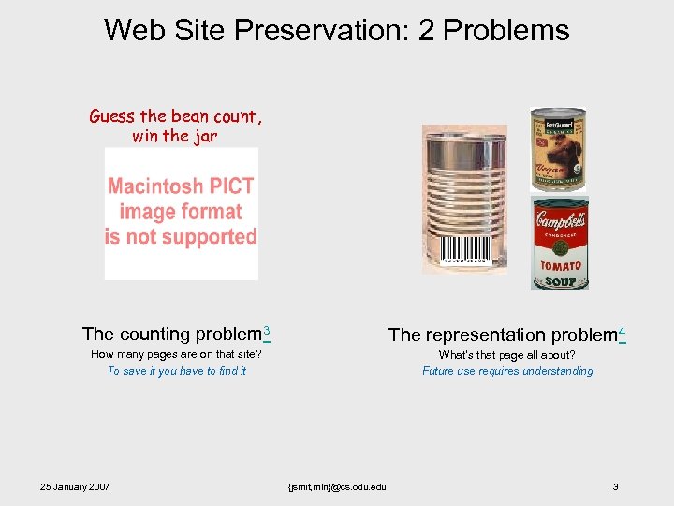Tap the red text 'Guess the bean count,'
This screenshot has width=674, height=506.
(x=176, y=116)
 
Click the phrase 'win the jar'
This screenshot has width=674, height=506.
(x=175, y=136)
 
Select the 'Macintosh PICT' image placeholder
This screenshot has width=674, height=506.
(x=181, y=213)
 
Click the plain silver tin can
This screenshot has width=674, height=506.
(x=464, y=192)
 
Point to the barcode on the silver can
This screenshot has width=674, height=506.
(x=465, y=248)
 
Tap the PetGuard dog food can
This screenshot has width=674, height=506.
(x=558, y=150)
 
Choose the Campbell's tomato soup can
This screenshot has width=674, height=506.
(x=560, y=243)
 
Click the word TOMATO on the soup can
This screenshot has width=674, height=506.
(x=560, y=266)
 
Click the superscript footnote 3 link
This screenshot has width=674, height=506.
(x=267, y=330)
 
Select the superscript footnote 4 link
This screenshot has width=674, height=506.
(x=622, y=331)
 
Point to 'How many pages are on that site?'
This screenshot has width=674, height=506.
(x=176, y=354)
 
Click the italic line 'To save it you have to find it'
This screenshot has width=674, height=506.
(x=176, y=371)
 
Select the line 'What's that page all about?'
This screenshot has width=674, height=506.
(x=506, y=355)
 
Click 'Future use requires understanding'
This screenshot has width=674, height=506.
(x=507, y=371)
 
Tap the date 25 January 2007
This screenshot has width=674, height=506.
(x=75, y=486)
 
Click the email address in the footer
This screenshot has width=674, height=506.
(x=339, y=486)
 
